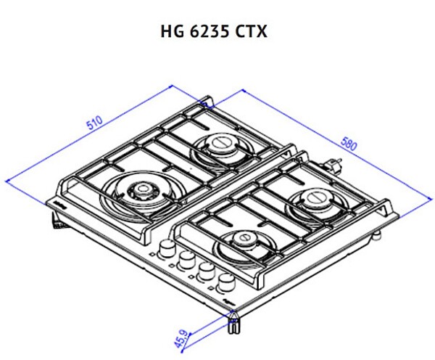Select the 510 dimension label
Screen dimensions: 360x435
coord(94,123)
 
